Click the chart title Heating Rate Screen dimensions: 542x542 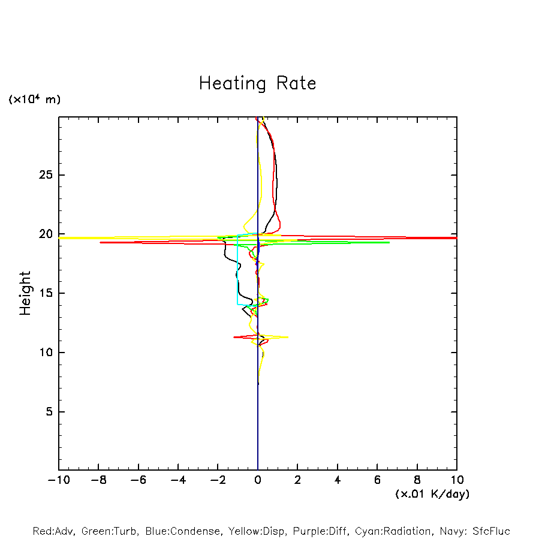pyautogui.click(x=257, y=83)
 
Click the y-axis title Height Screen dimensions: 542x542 pyautogui.click(x=25, y=293)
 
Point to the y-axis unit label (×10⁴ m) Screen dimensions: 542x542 pyautogui.click(x=34, y=100)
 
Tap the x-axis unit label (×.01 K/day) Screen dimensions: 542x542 pyautogui.click(x=432, y=494)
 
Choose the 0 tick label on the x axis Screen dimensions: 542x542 pyautogui.click(x=258, y=480)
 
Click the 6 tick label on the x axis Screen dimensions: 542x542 pyautogui.click(x=377, y=480)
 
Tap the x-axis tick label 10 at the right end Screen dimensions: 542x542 pyautogui.click(x=457, y=480)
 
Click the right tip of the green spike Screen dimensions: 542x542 pyautogui.click(x=389, y=242)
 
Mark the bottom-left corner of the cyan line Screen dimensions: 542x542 pyautogui.click(x=238, y=305)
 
